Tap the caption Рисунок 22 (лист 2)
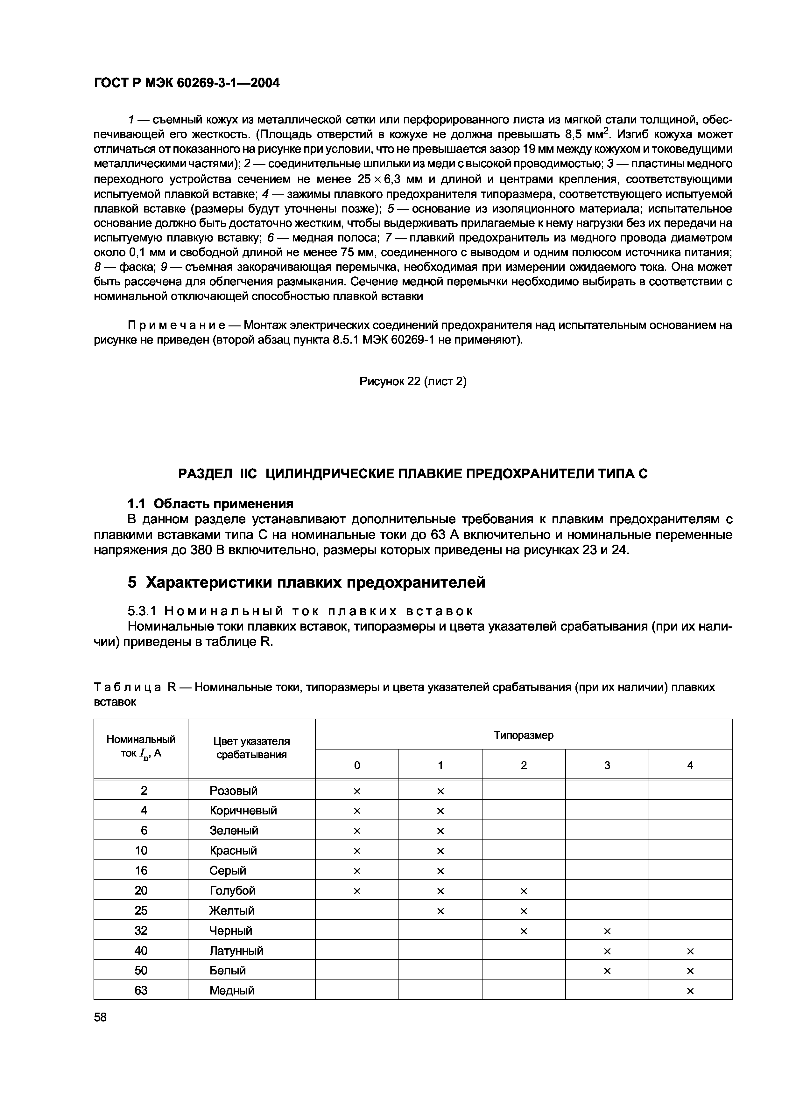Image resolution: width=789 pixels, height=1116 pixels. click(413, 381)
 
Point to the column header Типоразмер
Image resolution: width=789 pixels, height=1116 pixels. click(524, 736)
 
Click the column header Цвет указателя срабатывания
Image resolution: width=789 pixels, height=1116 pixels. click(251, 748)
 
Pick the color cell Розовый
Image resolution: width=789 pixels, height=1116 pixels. click(233, 791)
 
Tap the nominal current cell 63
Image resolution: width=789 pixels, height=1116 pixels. click(141, 990)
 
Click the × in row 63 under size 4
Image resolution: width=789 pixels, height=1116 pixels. click(690, 991)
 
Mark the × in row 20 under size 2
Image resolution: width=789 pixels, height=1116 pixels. click(524, 891)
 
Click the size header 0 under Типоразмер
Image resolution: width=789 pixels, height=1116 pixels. click(357, 765)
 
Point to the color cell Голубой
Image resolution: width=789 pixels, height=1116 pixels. click(232, 890)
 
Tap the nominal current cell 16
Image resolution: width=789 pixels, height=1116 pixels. click(141, 870)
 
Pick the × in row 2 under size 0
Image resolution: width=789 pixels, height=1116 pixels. click(357, 791)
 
